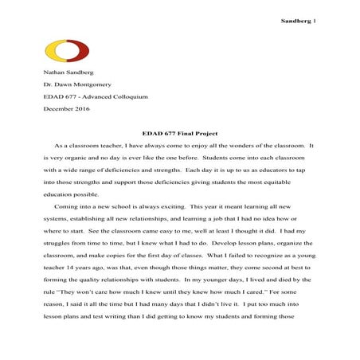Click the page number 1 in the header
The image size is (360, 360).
[x=316, y=17]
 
